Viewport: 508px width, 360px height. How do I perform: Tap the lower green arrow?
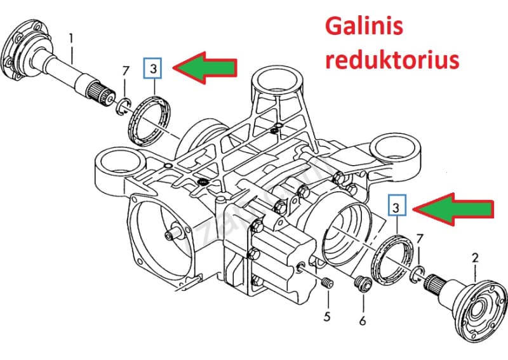[x=452, y=209]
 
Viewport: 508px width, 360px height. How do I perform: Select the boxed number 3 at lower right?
[x=396, y=207]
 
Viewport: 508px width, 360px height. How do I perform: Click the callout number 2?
[x=474, y=258]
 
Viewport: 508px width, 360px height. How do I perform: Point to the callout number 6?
[x=362, y=321]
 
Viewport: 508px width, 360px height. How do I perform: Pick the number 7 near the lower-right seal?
[x=420, y=239]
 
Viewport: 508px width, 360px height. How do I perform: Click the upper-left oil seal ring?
[x=147, y=117]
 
